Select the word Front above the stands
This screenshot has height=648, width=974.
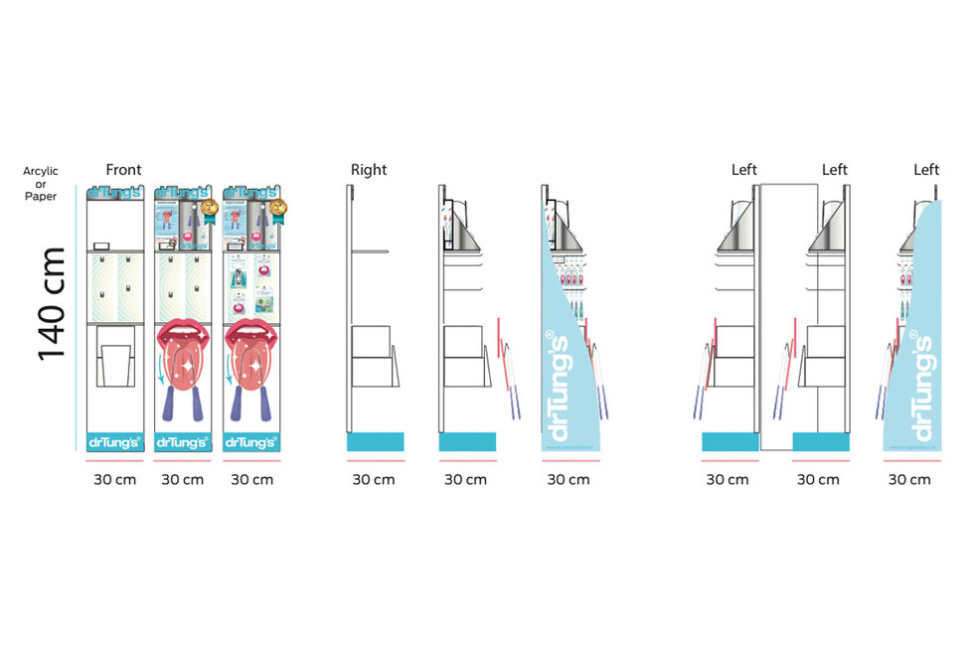[123, 170]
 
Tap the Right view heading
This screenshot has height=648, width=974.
[368, 170]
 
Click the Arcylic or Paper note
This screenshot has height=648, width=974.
[41, 184]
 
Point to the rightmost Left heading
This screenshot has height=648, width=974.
[926, 170]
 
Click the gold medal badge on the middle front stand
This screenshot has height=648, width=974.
[209, 209]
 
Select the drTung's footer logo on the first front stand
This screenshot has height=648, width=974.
[114, 442]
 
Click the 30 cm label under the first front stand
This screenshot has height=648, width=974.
[114, 480]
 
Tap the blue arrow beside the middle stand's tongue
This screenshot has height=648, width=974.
[163, 373]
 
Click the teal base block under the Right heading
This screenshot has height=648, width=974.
[375, 442]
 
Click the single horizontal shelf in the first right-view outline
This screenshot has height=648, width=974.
[368, 251]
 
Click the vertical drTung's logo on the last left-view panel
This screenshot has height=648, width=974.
[921, 388]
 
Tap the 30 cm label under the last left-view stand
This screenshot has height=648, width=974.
[909, 480]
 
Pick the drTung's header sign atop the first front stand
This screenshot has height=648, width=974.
[114, 193]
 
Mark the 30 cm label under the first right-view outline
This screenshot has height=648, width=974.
[374, 480]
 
